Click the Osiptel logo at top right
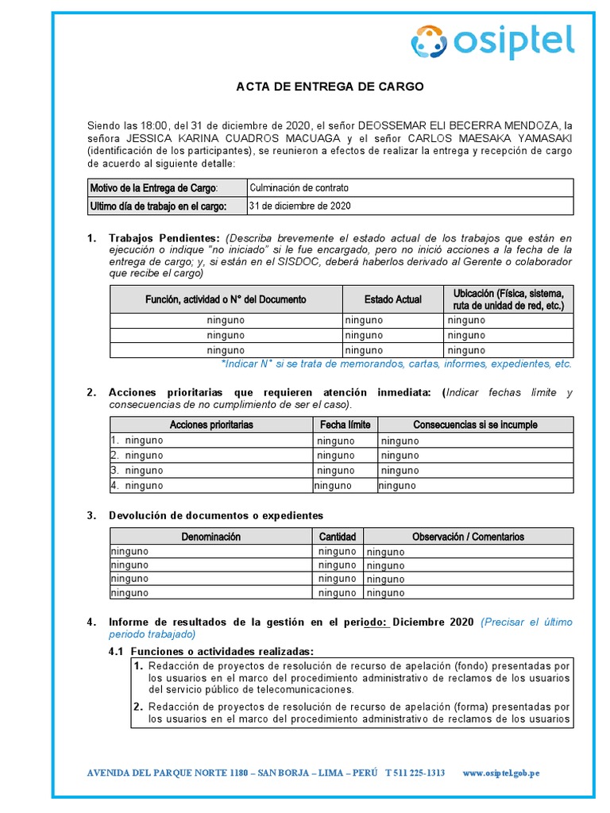(x=492, y=41)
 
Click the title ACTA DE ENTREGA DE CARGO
(x=330, y=87)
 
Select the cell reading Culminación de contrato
(x=299, y=188)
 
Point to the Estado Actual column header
(x=393, y=299)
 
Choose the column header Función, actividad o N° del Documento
(x=226, y=299)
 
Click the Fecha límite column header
(x=345, y=425)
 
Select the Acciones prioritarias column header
(x=211, y=425)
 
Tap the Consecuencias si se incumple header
(x=475, y=425)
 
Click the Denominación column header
(x=210, y=537)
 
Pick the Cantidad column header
(x=338, y=537)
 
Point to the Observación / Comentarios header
(x=468, y=537)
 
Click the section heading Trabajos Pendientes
(x=164, y=238)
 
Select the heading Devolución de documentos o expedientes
(x=216, y=516)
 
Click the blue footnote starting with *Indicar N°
(x=396, y=364)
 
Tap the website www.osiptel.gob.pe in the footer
(x=500, y=773)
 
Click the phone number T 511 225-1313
(x=415, y=773)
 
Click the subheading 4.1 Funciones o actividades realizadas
(x=211, y=651)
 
